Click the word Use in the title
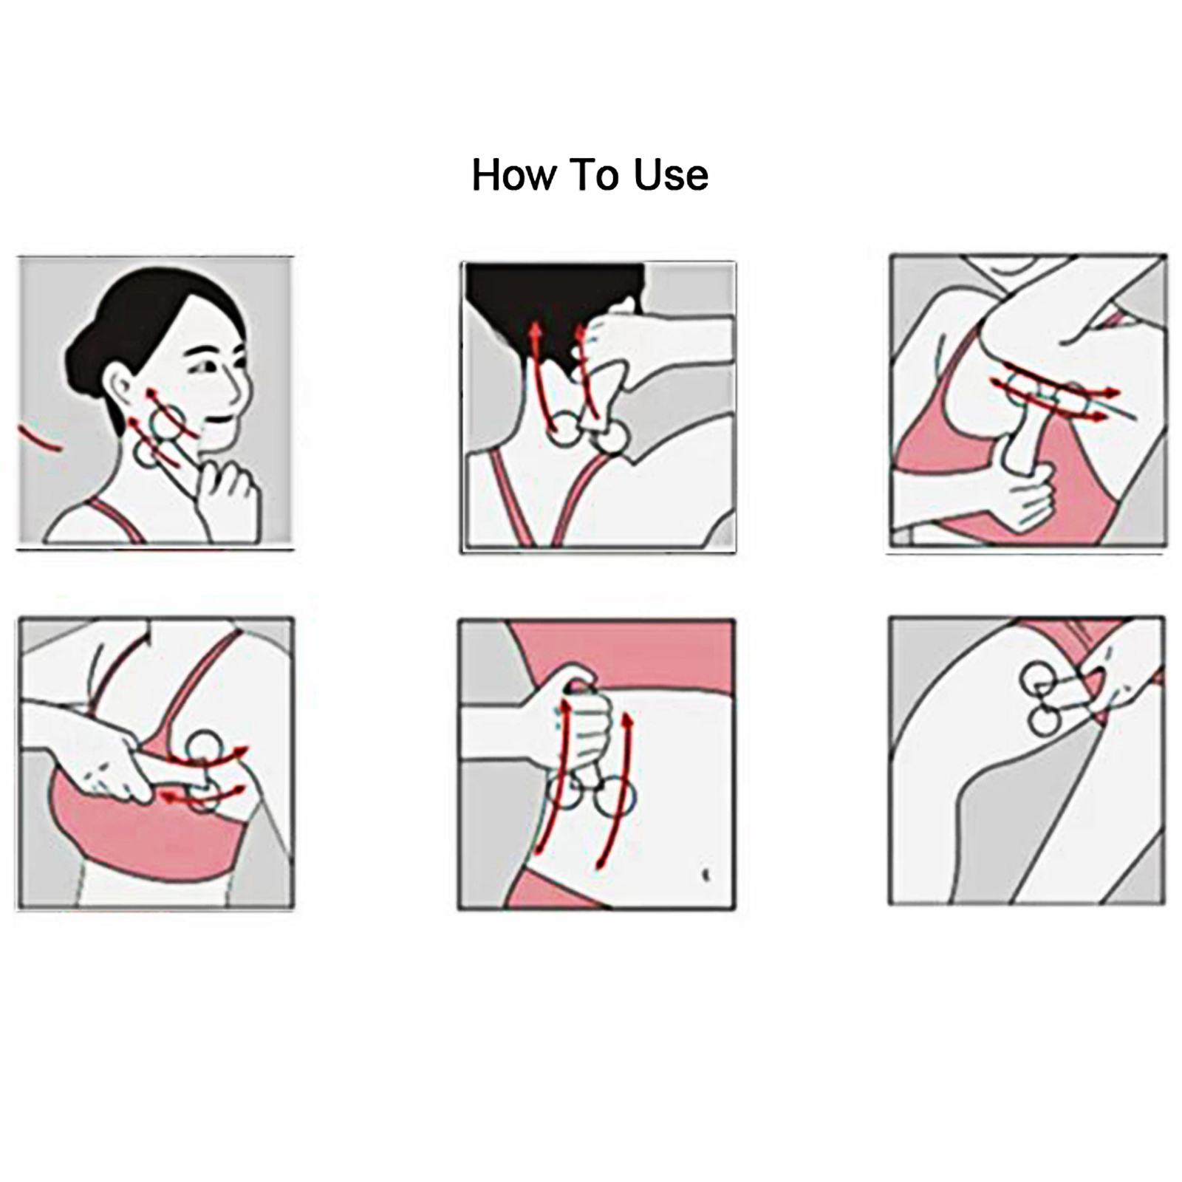pyautogui.click(x=671, y=175)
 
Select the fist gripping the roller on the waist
pyautogui.click(x=584, y=709)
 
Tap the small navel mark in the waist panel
pyautogui.click(x=706, y=875)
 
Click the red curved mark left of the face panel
pyautogui.click(x=40, y=440)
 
